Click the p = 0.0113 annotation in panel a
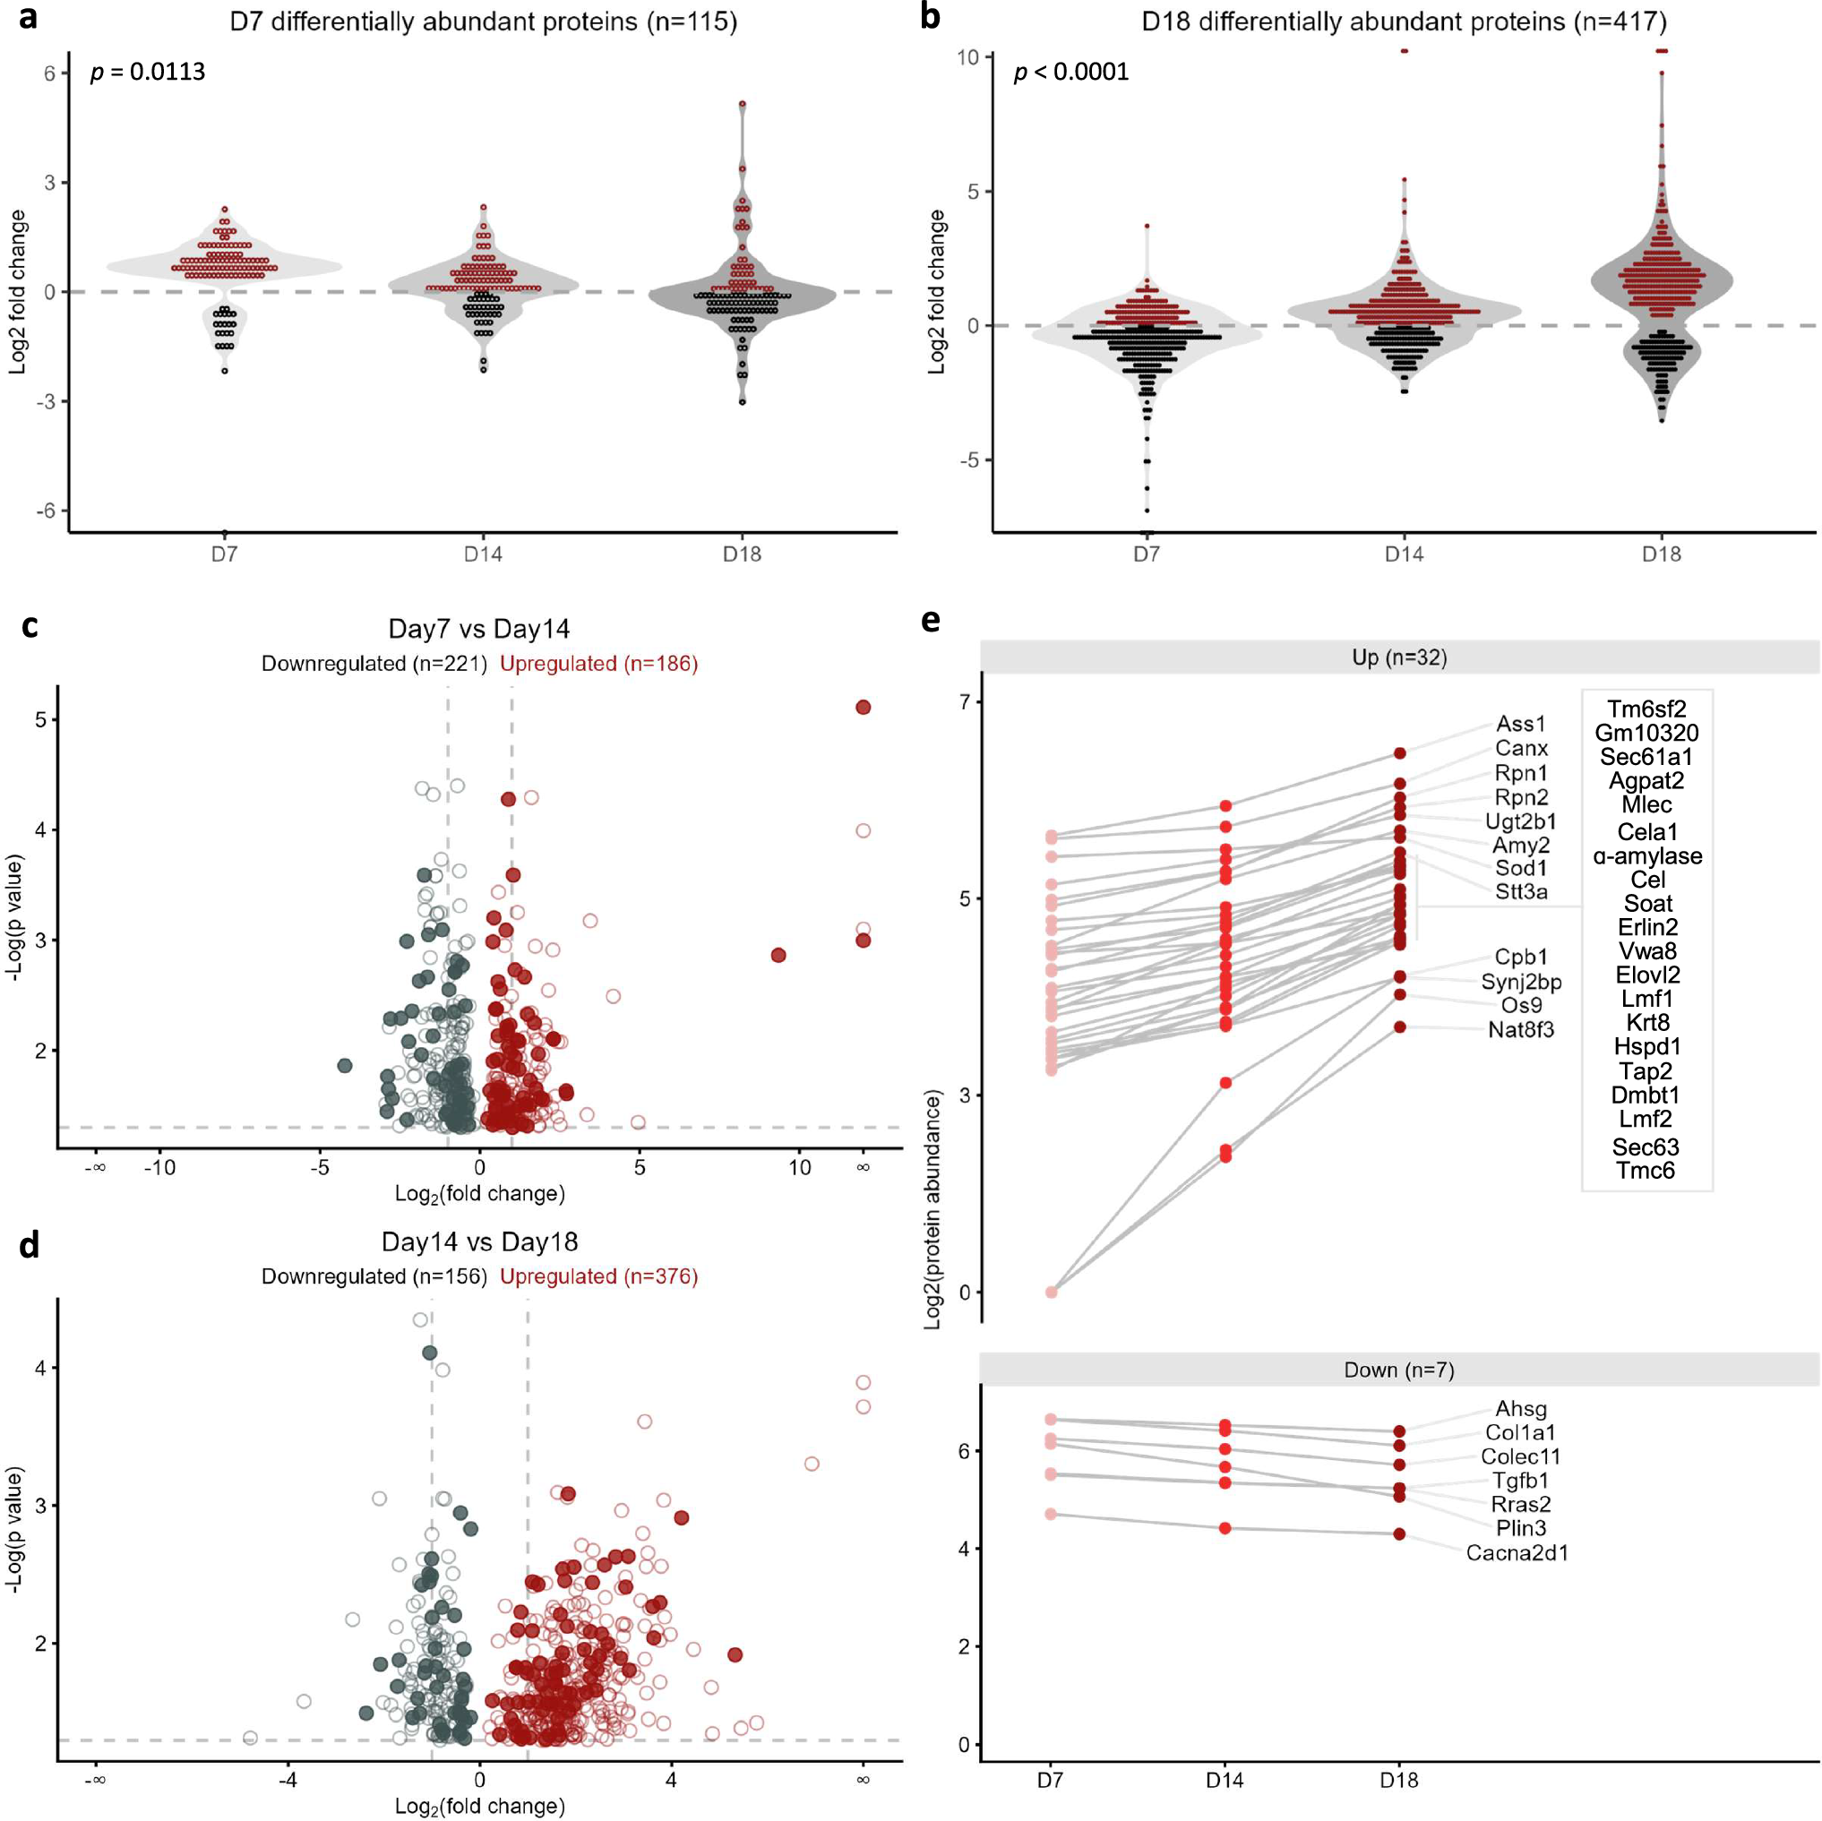coord(147,73)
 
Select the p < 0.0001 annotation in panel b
coord(1070,73)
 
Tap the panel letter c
coord(30,625)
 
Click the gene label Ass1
coord(1520,724)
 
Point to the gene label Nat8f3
coord(1520,1029)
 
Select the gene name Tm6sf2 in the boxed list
coord(1646,709)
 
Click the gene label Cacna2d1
coord(1517,1552)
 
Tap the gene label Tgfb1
coord(1520,1481)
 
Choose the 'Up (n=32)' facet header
coord(1398,657)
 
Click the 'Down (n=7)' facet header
coord(1398,1370)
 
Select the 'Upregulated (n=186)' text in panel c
coord(599,663)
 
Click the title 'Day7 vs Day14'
coord(479,629)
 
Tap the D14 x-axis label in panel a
coord(483,554)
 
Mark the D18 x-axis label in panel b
coord(1661,554)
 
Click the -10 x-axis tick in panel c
coord(159,1167)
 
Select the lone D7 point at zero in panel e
coord(1052,1292)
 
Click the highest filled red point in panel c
coord(863,708)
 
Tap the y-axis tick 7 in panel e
coord(966,701)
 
